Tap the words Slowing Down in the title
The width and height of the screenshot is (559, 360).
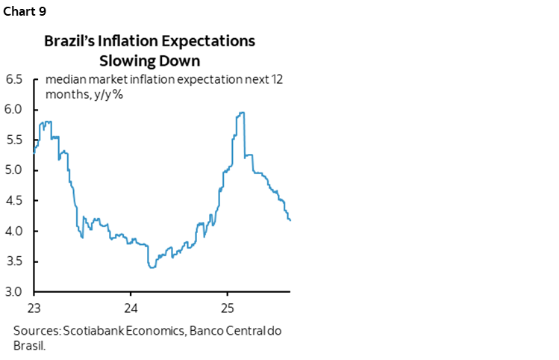[149, 59]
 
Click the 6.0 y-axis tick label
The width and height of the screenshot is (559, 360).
[14, 110]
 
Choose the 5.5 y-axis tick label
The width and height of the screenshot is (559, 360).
[14, 140]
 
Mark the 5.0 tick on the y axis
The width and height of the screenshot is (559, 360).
[14, 170]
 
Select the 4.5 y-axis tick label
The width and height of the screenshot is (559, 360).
[14, 201]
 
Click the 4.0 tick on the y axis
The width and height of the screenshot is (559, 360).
[14, 232]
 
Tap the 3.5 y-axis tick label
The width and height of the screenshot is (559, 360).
[14, 261]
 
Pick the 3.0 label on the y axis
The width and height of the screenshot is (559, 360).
[14, 292]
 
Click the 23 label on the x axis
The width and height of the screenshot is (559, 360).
[34, 307]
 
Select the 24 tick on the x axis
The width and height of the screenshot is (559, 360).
[131, 307]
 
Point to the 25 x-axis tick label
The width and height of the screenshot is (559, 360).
[228, 307]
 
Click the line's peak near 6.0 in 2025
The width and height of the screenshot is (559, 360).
[241, 113]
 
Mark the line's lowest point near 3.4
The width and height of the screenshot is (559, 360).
[152, 267]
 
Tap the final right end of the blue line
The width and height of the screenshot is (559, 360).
[290, 220]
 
